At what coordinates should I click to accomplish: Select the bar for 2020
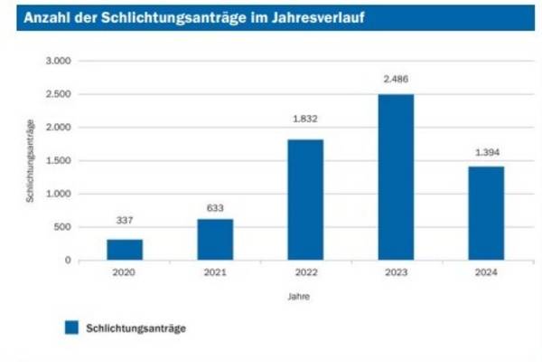(x=125, y=250)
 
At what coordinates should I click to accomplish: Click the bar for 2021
(x=215, y=240)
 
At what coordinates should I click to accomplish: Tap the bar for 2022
(x=305, y=200)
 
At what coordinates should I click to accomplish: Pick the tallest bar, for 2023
(x=396, y=177)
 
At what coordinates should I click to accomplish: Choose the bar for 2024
(x=486, y=214)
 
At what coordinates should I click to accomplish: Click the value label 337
(x=125, y=219)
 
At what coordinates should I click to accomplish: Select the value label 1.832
(x=305, y=120)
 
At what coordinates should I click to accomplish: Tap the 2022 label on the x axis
(x=305, y=273)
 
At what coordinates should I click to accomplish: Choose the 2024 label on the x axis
(x=486, y=273)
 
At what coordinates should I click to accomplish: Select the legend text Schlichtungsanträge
(x=135, y=329)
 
